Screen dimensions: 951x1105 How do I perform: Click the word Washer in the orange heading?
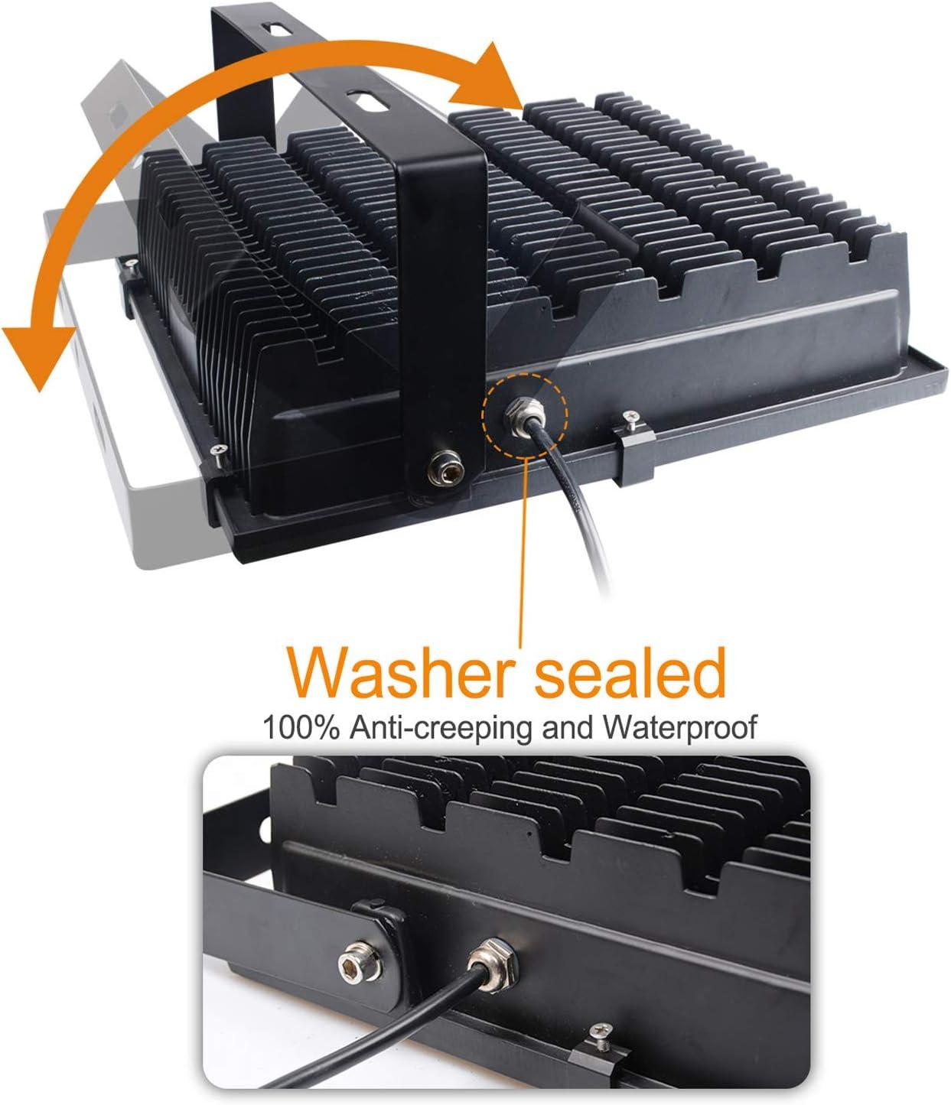point(402,672)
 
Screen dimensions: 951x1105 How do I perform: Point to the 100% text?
point(301,727)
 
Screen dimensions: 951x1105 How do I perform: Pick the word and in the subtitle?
point(568,727)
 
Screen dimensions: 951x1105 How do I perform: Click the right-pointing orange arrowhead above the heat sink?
point(487,77)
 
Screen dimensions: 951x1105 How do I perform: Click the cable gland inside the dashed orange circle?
point(524,415)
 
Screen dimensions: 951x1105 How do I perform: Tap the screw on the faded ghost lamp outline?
point(130,262)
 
